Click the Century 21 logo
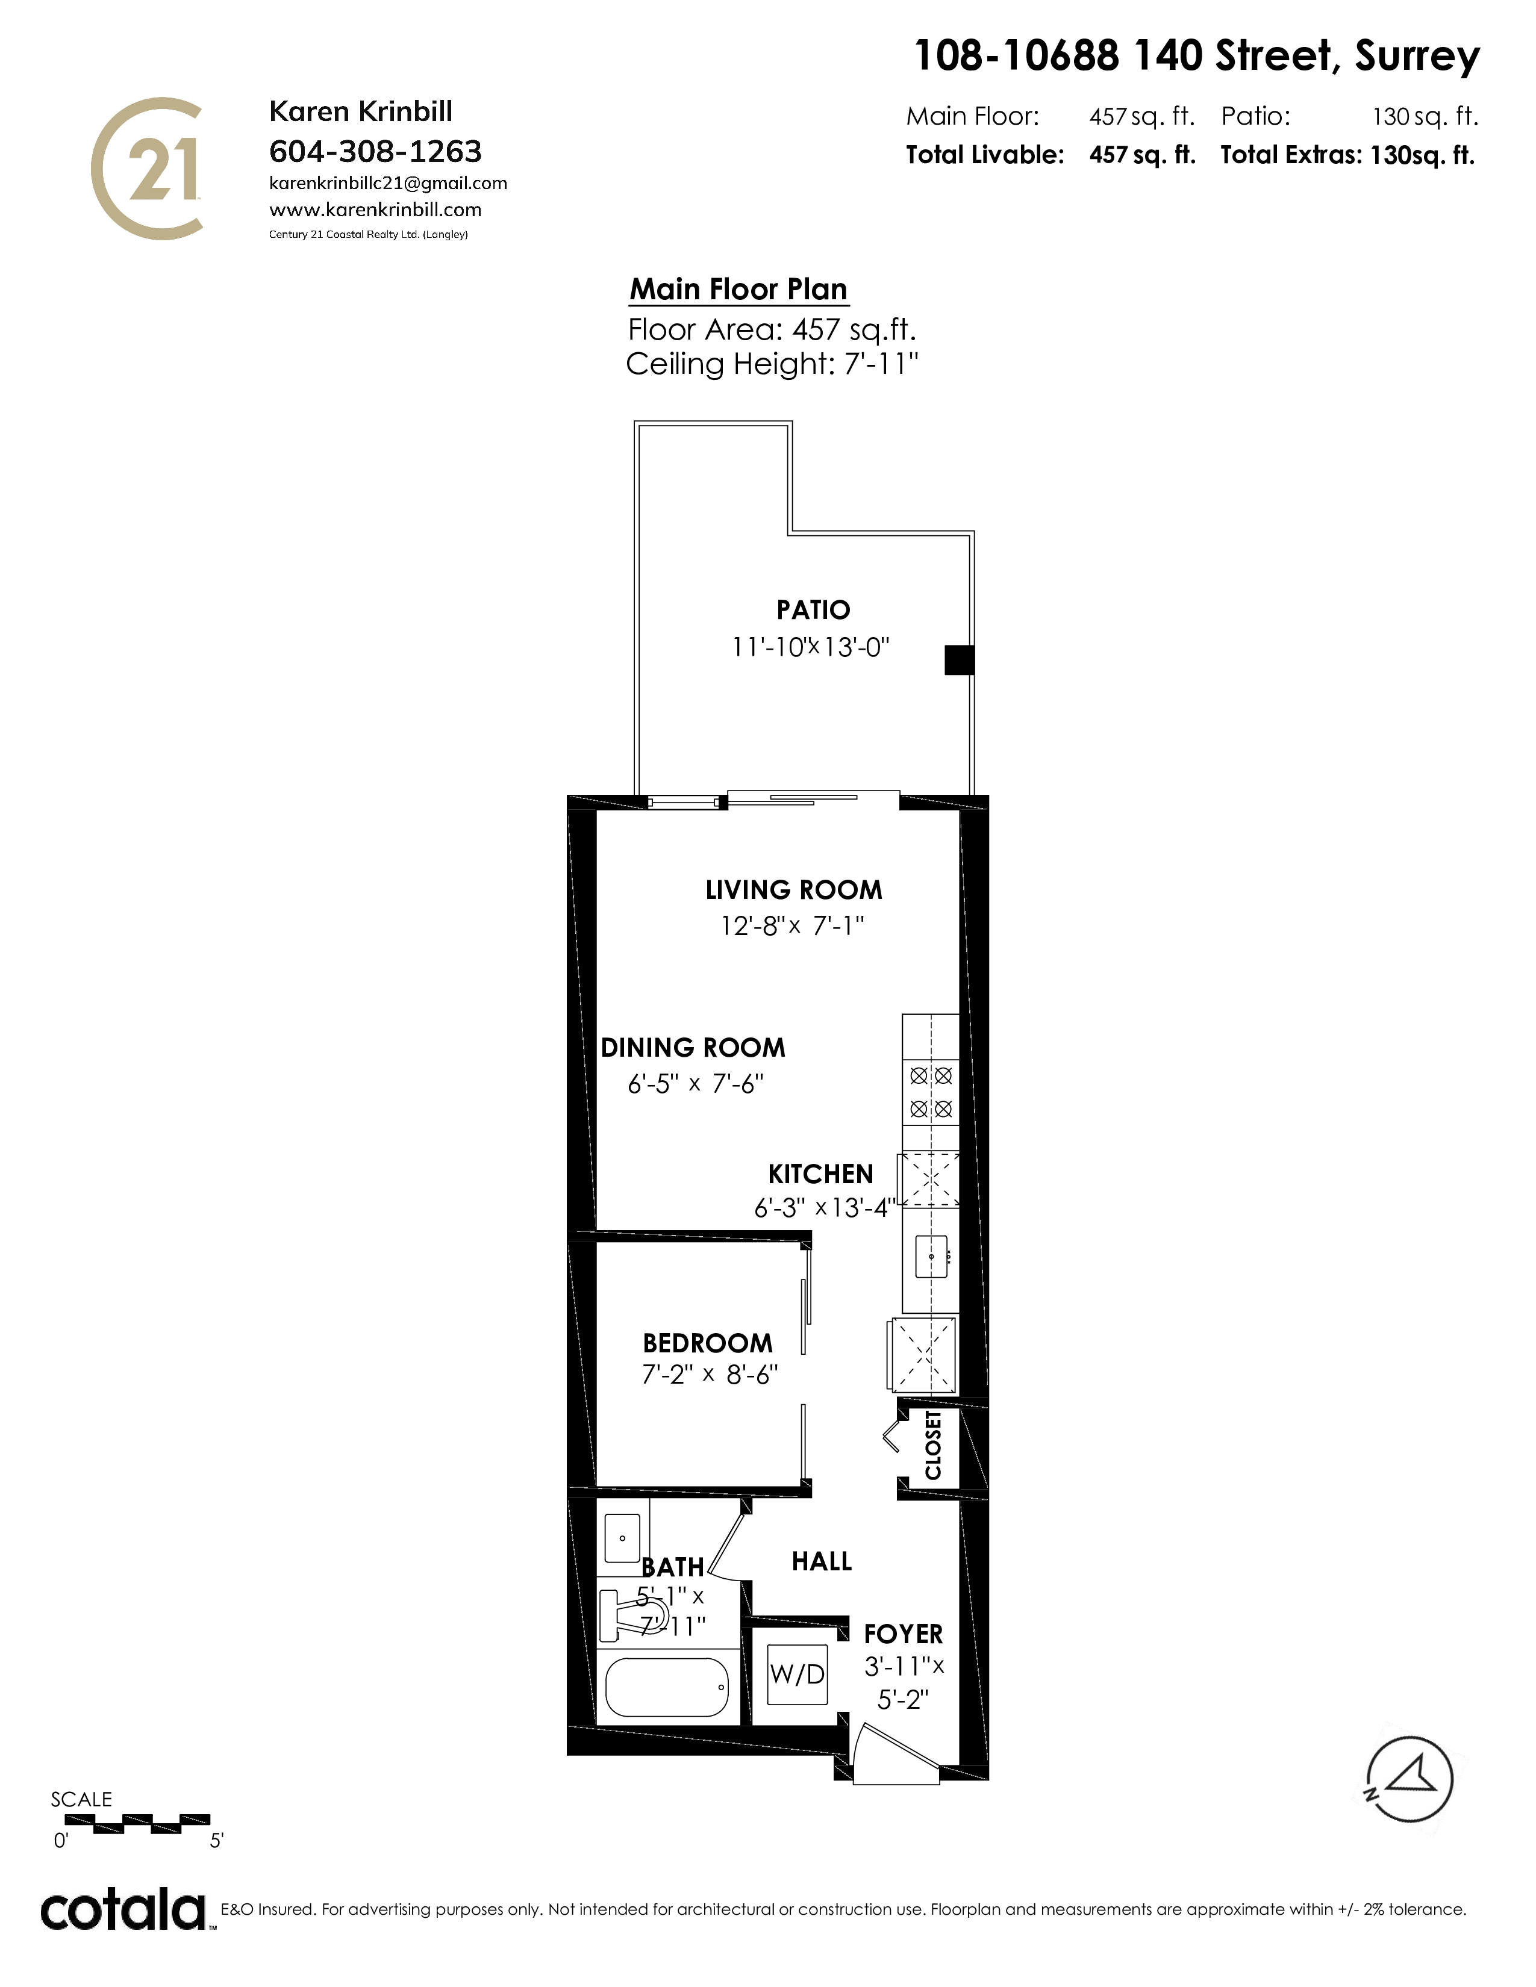[x=146, y=169]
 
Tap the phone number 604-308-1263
[x=375, y=151]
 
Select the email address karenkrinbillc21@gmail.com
[x=389, y=184]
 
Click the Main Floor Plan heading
[x=739, y=289]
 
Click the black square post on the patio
[x=959, y=659]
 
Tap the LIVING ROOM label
[x=793, y=890]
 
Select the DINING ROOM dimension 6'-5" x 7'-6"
[x=695, y=1084]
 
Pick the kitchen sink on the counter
[x=931, y=1257]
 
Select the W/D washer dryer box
[x=797, y=1673]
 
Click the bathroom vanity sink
[x=622, y=1538]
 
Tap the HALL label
[x=822, y=1561]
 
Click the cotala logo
[x=123, y=1910]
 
